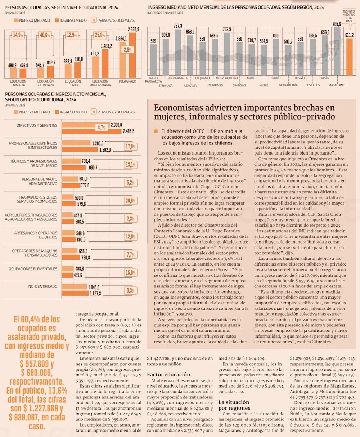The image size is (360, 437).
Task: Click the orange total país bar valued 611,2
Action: pyautogui.click(x=349, y=57)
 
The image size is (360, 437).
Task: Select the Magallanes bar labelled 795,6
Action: pyautogui.click(x=337, y=50)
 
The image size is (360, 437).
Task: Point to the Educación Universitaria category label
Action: pyautogui.click(x=100, y=83)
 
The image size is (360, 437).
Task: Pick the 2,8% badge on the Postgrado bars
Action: pyautogui.click(x=127, y=50)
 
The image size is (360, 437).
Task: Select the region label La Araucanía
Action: pyautogui.click(x=288, y=85)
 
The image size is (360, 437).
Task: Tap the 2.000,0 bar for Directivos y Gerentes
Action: pyautogui.click(x=86, y=125)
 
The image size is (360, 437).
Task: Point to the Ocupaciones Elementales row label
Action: pyautogui.click(x=33, y=269)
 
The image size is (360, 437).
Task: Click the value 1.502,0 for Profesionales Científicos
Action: pyautogui.click(x=105, y=150)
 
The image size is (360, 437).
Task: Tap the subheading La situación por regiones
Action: pyautogui.click(x=234, y=405)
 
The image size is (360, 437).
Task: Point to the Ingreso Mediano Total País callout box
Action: pyautogui.click(x=349, y=16)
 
